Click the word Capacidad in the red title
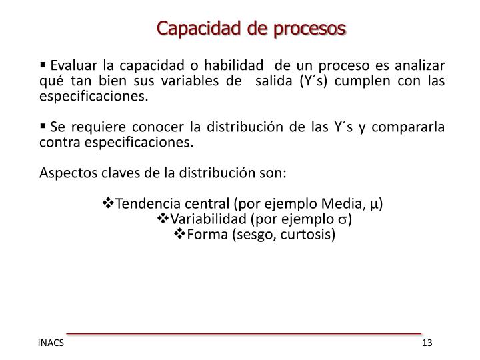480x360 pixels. (x=193, y=29)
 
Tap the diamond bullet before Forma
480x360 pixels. (x=179, y=235)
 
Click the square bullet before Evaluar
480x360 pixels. (x=44, y=65)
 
